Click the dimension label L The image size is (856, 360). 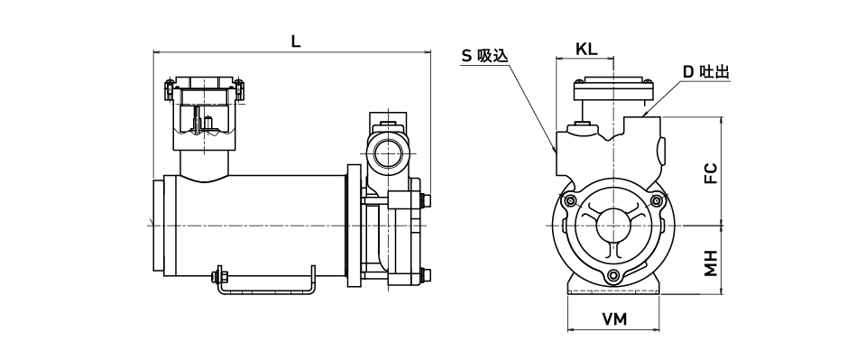tap(295, 42)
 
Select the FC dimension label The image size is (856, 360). tap(710, 172)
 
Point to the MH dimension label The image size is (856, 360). tap(710, 263)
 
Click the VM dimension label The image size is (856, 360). tap(615, 319)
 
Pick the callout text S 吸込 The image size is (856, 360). tap(485, 55)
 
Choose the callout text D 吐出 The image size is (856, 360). tap(706, 71)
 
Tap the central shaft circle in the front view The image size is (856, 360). tap(612, 225)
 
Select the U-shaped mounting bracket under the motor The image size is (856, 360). tap(266, 291)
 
